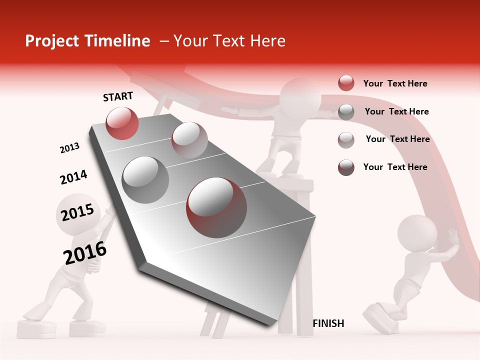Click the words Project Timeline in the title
[87, 41]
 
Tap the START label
[118, 96]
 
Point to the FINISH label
[328, 323]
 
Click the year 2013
[69, 148]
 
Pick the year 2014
[73, 177]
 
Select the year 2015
[77, 213]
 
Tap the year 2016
[85, 252]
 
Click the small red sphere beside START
[122, 123]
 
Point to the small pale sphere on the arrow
[189, 140]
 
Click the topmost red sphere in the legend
[346, 83]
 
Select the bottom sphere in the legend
[346, 167]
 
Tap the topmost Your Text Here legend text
[395, 83]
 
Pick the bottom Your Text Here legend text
[395, 167]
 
